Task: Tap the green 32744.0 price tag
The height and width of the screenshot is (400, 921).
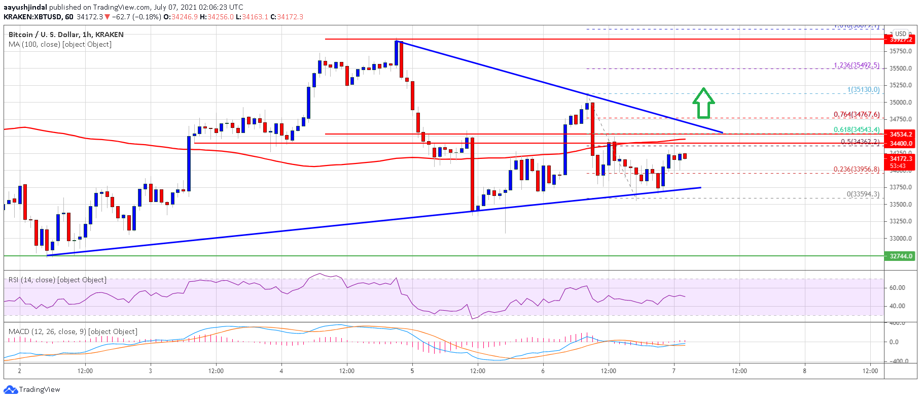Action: pyautogui.click(x=900, y=256)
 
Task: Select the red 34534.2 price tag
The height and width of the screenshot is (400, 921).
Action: pyautogui.click(x=900, y=135)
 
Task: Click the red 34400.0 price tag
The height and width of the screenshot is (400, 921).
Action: pyautogui.click(x=900, y=144)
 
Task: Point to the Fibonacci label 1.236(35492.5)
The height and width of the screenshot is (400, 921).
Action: pyautogui.click(x=856, y=65)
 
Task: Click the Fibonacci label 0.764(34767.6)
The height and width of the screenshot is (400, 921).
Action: pyautogui.click(x=856, y=115)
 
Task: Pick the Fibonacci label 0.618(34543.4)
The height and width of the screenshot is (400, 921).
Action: pyautogui.click(x=856, y=130)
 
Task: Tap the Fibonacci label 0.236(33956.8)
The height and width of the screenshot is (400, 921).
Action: pyautogui.click(x=856, y=170)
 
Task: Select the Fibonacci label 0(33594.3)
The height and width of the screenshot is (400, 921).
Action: pyautogui.click(x=863, y=194)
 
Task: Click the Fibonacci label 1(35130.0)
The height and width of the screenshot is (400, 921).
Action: pyautogui.click(x=863, y=90)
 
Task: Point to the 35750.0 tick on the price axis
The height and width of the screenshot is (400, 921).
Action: pyautogui.click(x=900, y=51)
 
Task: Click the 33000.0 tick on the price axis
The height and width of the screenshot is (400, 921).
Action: pyautogui.click(x=900, y=239)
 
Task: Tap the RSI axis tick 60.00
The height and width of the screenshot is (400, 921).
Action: pyautogui.click(x=897, y=288)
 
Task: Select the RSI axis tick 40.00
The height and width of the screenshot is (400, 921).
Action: pyautogui.click(x=897, y=306)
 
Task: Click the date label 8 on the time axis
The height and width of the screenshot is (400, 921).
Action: pyautogui.click(x=804, y=371)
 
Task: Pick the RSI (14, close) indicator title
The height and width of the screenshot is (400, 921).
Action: pyautogui.click(x=57, y=280)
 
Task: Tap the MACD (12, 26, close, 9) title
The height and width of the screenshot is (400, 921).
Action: pyautogui.click(x=73, y=332)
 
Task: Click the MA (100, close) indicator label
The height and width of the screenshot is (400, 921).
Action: pyautogui.click(x=60, y=45)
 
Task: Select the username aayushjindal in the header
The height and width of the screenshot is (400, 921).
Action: pyautogui.click(x=25, y=7)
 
